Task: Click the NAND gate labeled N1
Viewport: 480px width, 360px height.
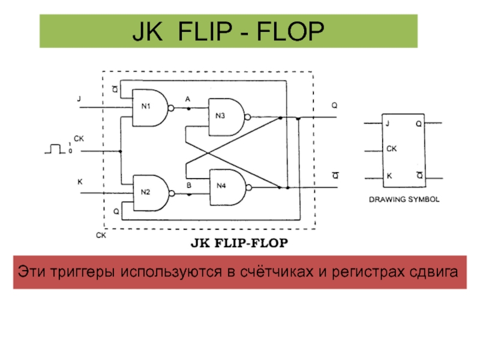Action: click(149, 108)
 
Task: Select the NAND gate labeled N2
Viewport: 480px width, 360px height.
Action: click(149, 193)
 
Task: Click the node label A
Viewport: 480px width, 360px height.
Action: click(188, 98)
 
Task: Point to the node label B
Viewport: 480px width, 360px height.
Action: click(188, 186)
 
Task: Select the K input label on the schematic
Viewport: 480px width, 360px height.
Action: click(79, 180)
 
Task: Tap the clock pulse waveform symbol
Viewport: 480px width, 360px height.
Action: click(54, 148)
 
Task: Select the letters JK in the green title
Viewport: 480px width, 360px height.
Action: click(145, 31)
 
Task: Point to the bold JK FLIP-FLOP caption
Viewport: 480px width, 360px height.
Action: click(239, 243)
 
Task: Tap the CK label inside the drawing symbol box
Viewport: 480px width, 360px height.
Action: click(392, 148)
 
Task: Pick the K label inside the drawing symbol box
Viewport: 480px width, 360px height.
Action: click(389, 176)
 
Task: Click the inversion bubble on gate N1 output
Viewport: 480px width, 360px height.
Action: click(172, 109)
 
